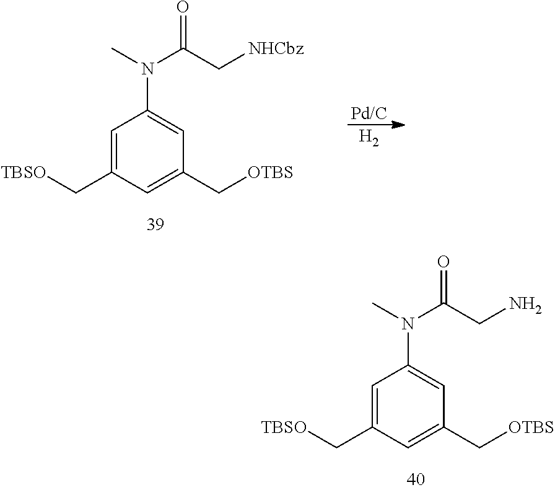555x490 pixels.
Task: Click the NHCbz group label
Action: [276, 48]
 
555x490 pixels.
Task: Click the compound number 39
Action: [155, 225]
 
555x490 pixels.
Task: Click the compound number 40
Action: [416, 479]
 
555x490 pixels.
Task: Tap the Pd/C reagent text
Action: [369, 114]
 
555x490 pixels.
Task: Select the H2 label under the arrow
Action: [369, 137]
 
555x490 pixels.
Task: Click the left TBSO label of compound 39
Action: [24, 172]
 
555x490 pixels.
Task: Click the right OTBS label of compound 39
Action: [271, 172]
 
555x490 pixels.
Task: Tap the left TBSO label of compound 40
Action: [284, 427]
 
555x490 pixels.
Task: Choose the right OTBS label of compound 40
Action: [531, 427]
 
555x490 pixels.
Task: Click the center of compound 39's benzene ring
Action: [147, 152]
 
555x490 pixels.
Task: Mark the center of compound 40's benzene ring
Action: [408, 407]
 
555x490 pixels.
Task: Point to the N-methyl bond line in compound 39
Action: [126, 55]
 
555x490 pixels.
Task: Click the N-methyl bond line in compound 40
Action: [387, 310]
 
